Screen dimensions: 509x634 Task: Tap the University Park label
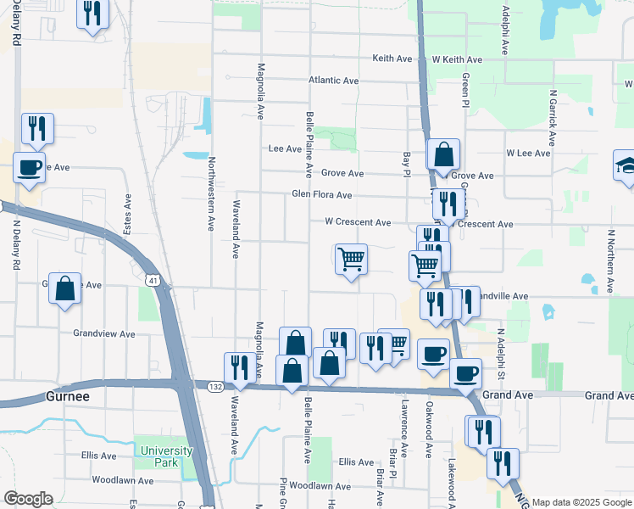point(160,456)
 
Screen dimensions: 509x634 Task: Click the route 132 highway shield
point(217,387)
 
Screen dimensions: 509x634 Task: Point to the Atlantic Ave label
point(334,81)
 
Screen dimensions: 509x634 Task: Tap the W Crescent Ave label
point(358,222)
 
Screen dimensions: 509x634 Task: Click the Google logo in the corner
point(28,499)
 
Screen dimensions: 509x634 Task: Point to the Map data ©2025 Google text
point(581,502)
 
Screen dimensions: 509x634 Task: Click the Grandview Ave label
point(104,334)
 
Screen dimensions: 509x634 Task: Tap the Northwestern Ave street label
point(212,193)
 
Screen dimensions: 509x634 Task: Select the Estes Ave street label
point(129,215)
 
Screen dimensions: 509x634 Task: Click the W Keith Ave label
point(457,59)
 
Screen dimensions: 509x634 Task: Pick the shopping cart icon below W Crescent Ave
point(351,259)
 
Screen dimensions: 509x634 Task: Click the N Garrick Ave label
point(553,119)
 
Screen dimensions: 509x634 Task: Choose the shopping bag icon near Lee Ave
point(443,155)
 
